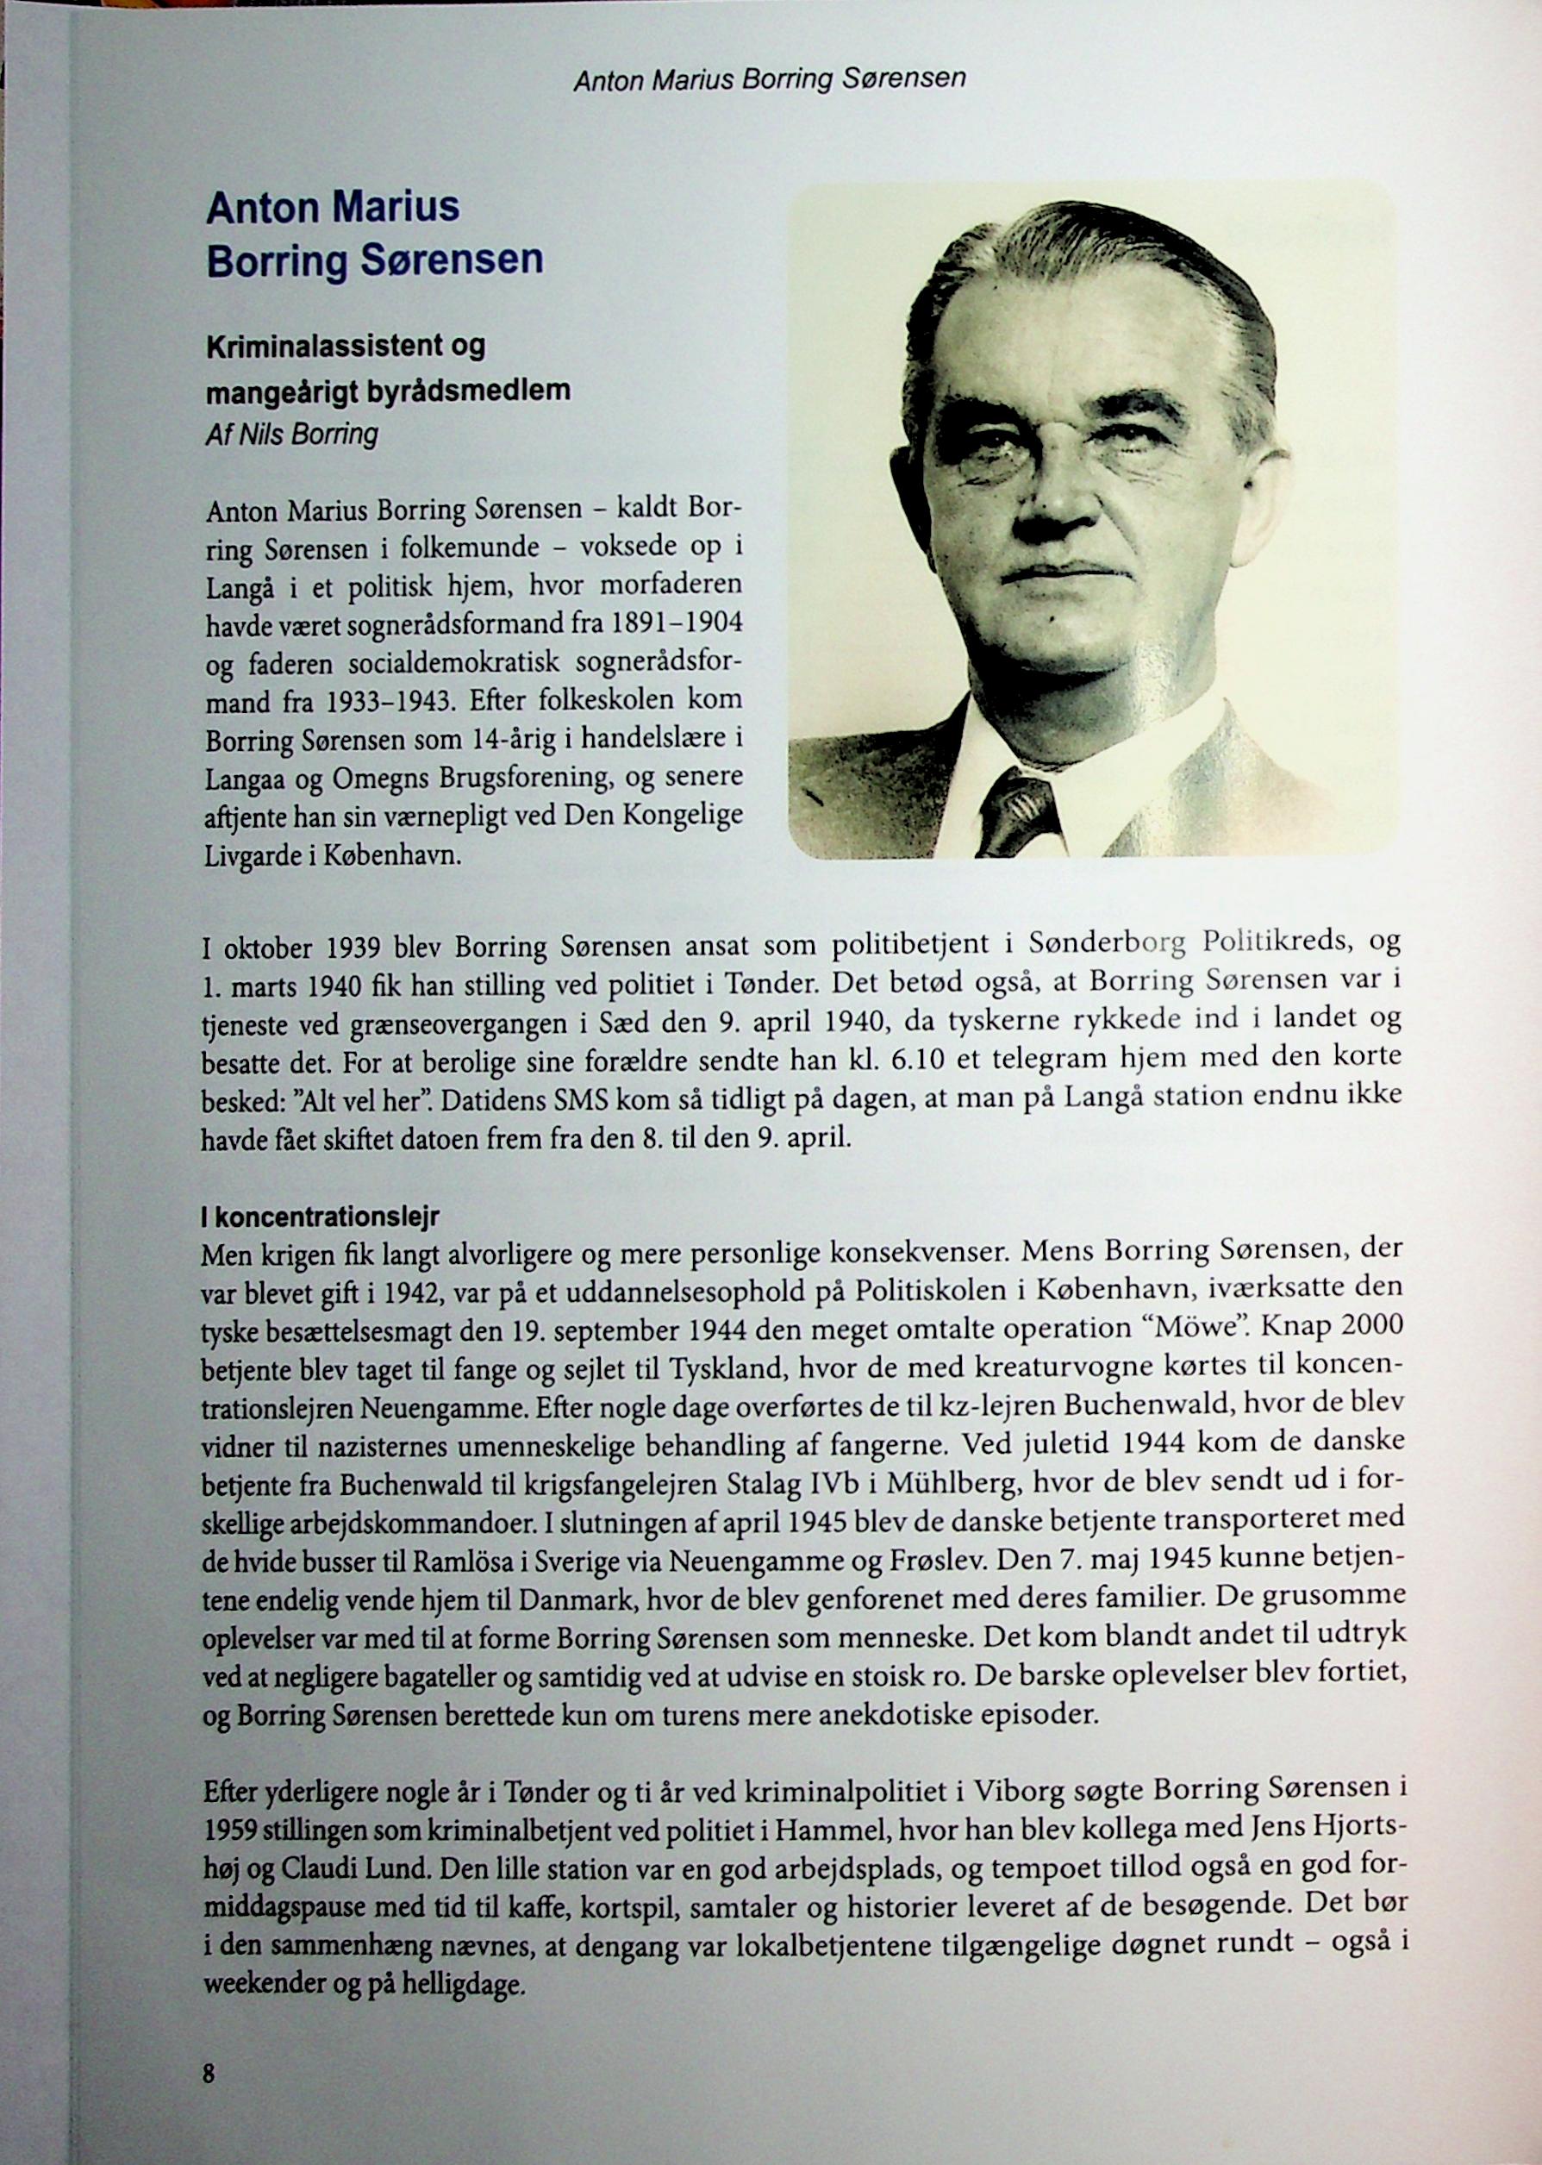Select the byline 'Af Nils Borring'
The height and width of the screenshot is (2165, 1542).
pos(291,434)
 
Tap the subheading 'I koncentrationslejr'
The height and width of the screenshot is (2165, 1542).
pos(320,1217)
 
